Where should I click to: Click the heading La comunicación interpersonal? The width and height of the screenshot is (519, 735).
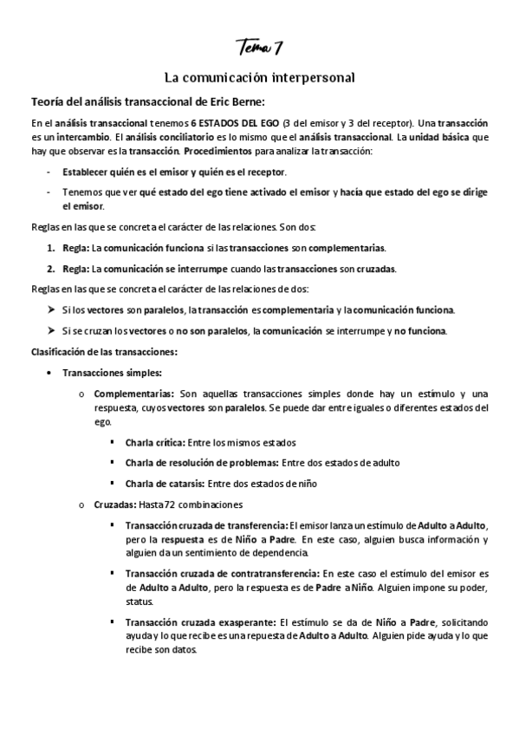tap(259, 77)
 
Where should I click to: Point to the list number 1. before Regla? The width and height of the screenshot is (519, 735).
tap(51, 247)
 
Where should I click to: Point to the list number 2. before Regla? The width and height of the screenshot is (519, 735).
tap(51, 268)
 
